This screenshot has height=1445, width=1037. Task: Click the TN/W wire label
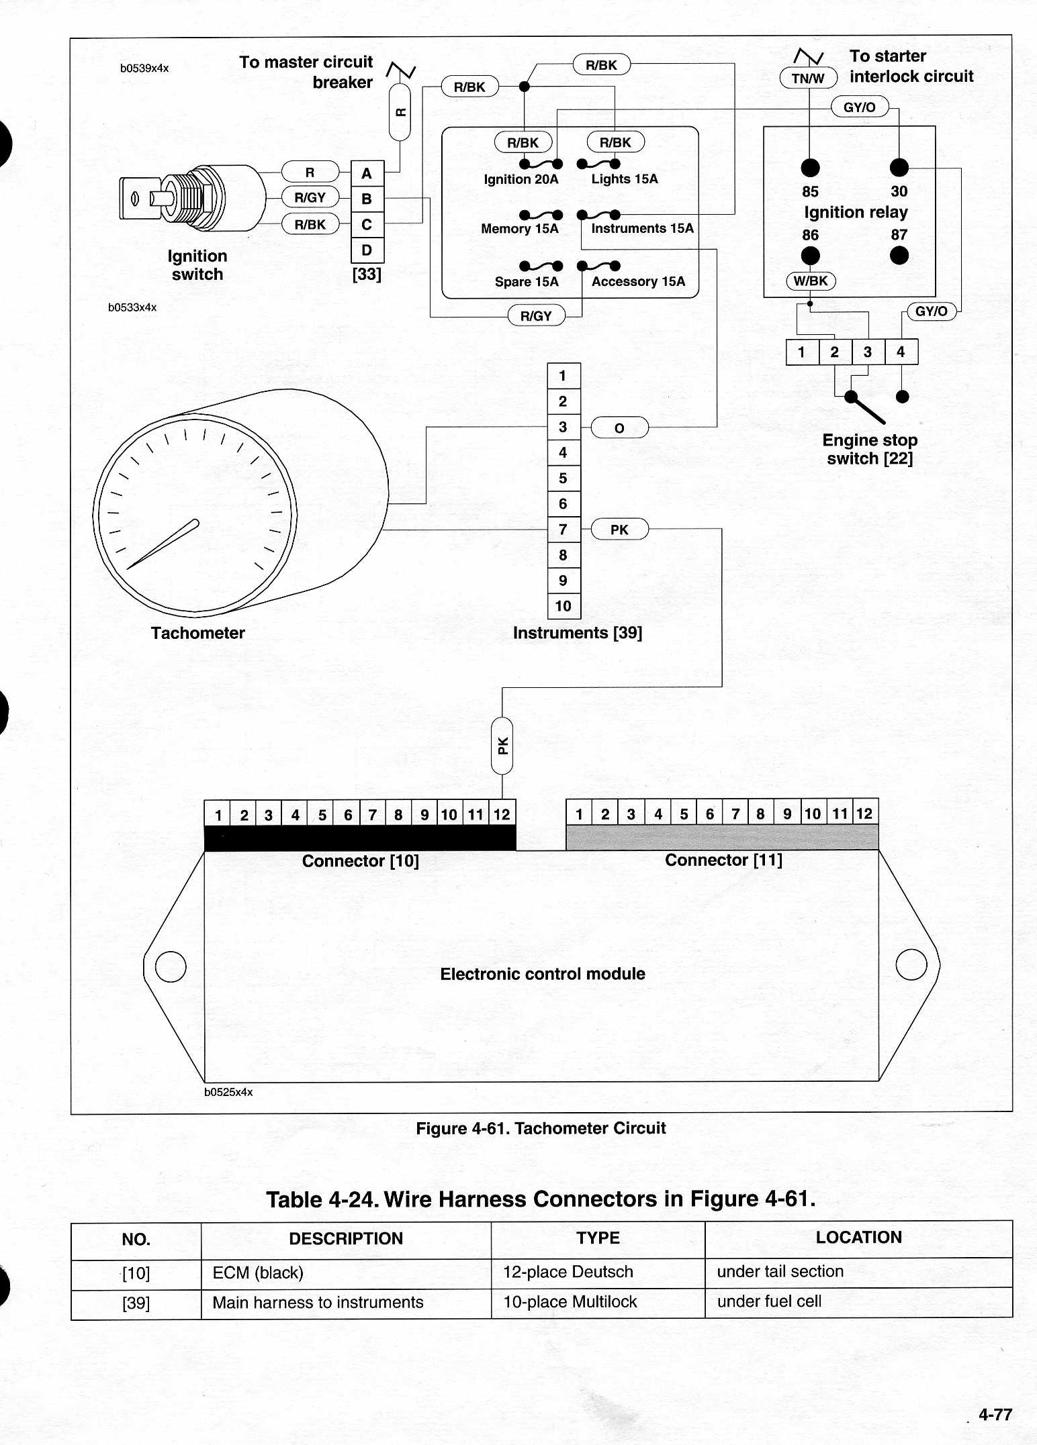click(x=808, y=79)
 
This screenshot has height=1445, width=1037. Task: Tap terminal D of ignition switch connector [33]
click(x=367, y=250)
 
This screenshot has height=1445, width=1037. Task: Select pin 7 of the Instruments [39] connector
click(x=563, y=530)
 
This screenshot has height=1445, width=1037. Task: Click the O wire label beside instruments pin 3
click(x=619, y=428)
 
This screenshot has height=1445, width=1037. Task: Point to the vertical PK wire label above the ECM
click(x=502, y=746)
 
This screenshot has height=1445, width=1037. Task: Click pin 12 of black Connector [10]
click(x=502, y=814)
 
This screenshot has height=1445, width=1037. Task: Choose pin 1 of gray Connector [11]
click(x=579, y=813)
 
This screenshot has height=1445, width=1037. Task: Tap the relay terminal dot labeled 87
click(x=899, y=256)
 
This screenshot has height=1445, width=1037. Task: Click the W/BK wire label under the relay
click(x=811, y=281)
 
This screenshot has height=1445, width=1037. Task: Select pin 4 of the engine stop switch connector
click(x=901, y=352)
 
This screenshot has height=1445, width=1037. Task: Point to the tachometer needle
click(x=163, y=544)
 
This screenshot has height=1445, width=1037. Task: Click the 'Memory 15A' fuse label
click(x=520, y=229)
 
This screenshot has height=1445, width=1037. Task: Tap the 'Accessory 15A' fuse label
click(x=639, y=282)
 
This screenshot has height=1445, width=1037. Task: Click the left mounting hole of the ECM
click(x=171, y=966)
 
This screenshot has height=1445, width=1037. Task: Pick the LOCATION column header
click(x=858, y=1238)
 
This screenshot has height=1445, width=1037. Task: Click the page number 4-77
click(x=995, y=1414)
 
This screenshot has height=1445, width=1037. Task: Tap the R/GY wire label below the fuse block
click(x=536, y=316)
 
